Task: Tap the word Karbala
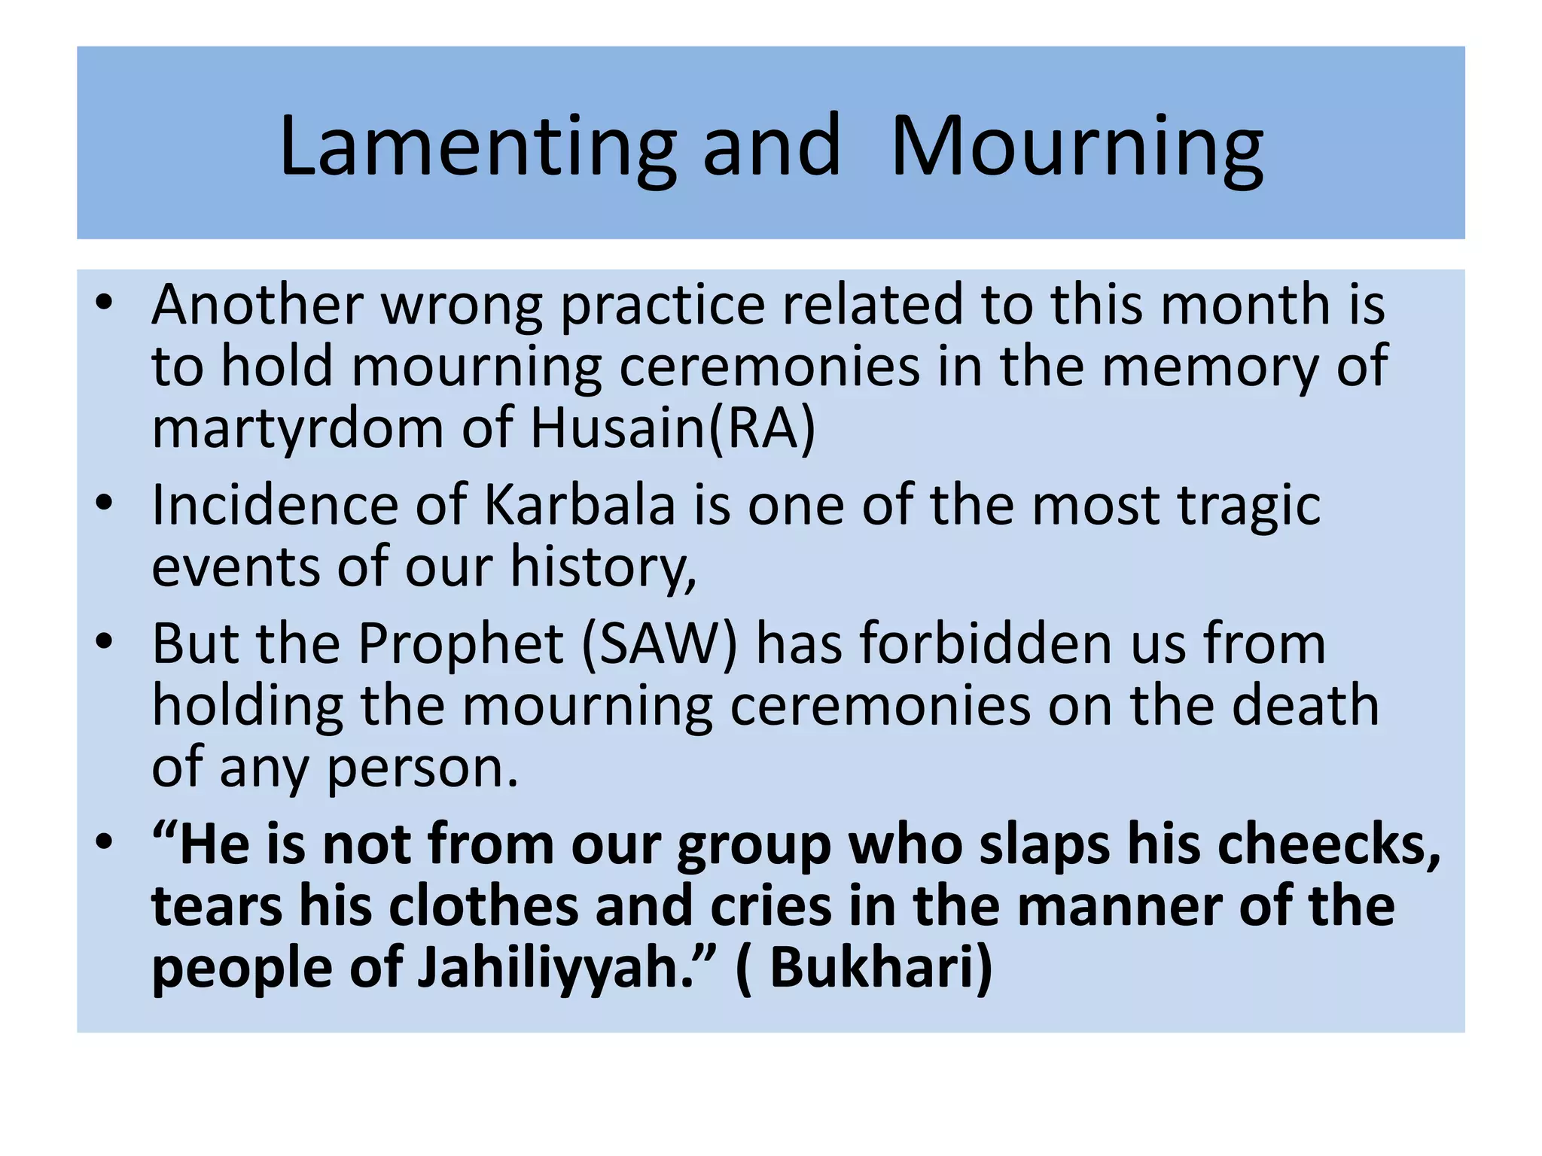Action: pyautogui.click(x=580, y=505)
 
